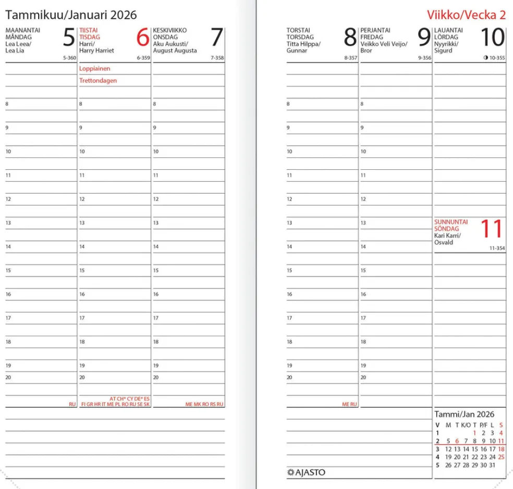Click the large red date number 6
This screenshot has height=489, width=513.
pos(142,38)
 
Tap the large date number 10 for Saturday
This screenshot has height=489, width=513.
pos(492,38)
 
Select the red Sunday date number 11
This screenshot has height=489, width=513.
pos(492,229)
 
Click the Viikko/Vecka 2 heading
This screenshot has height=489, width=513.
pos(466,15)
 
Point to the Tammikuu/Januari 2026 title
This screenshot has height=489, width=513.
pos(71,14)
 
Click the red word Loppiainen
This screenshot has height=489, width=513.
pos(95,69)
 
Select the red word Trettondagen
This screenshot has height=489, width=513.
pos(98,81)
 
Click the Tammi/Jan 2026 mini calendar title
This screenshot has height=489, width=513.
pos(464,415)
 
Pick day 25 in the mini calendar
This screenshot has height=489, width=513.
pos(501,457)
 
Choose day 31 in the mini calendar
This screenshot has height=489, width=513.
pos(492,465)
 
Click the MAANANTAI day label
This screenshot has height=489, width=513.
pos(22,31)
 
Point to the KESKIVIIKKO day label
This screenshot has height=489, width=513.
pos(170,31)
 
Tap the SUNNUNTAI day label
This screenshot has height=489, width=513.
pos(451,222)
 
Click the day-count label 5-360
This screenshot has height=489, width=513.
pos(69,58)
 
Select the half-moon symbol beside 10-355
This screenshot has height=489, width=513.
pos(485,58)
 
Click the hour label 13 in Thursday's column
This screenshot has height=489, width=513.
pos(289,223)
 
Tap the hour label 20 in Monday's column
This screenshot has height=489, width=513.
pos(8,377)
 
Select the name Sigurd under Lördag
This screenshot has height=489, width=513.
pos(443,51)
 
